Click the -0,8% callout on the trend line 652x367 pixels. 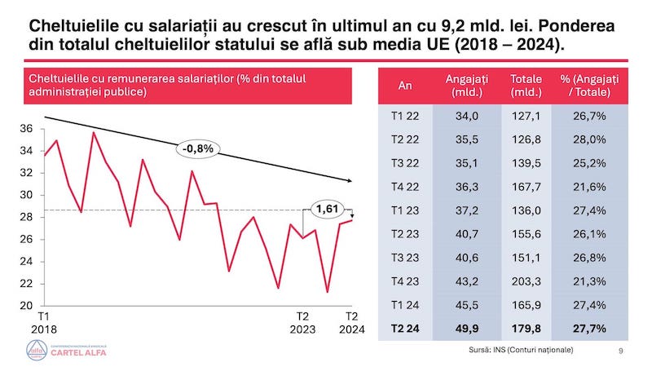pos(198,149)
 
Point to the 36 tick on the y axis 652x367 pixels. pos(25,129)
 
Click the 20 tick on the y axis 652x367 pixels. pos(25,306)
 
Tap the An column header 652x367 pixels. pos(405,85)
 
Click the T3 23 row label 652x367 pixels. pos(405,257)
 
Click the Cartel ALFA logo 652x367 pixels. pos(69,351)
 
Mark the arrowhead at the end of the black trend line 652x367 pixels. pos(351,180)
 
